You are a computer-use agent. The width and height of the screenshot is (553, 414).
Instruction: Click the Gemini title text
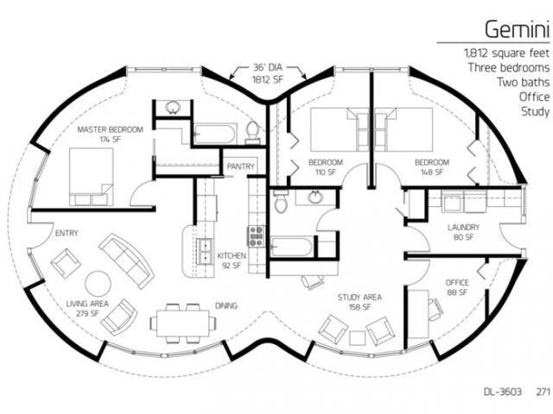pos(517,28)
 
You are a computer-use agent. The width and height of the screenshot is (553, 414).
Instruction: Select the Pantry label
pos(240,166)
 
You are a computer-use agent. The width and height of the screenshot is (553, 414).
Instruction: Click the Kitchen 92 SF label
pos(232,260)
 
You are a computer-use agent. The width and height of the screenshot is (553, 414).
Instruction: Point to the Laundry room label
pos(463,232)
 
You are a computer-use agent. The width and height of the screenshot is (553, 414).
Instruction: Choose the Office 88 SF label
pos(457,287)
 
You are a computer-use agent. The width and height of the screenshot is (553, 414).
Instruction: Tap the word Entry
pos(67,233)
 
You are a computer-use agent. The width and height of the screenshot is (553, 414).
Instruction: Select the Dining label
pos(226,305)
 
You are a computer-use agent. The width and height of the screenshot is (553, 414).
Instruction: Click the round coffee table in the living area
pos(99,284)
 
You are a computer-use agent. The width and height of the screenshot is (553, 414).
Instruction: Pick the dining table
pos(182,323)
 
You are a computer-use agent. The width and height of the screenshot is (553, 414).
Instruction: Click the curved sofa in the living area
pos(126,260)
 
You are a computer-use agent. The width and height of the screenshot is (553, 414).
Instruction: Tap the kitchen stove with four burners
pos(256,235)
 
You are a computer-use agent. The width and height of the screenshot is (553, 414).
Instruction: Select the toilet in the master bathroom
pos(252,133)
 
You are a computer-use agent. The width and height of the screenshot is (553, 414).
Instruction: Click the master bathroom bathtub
pos(214,134)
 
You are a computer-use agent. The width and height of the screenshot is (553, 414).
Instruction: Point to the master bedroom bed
pos(91,177)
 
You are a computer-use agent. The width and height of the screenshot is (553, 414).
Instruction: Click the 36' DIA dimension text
pos(268,67)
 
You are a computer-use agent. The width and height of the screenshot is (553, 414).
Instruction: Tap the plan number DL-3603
pos(503,392)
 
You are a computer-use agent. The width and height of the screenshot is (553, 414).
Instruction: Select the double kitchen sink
pos(205,251)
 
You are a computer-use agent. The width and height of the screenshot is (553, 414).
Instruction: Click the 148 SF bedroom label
pos(432,167)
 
